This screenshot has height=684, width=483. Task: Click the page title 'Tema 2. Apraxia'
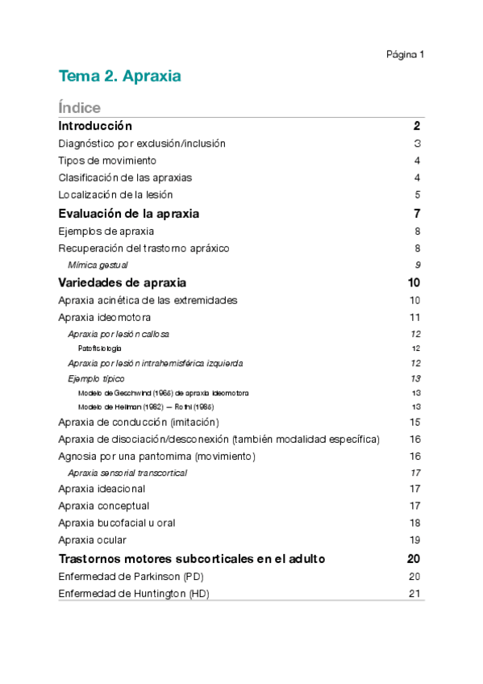pos(119,77)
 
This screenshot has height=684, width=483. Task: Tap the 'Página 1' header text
pos(405,55)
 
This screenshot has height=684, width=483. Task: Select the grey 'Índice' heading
pos(79,108)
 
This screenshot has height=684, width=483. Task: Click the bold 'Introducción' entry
pos(95,127)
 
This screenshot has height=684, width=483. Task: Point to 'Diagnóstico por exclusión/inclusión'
pos(142,144)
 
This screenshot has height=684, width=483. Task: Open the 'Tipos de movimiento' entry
pos(107,161)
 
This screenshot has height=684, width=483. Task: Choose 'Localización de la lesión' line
pos(115,194)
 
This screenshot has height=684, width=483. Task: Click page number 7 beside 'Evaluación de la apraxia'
pos(417,214)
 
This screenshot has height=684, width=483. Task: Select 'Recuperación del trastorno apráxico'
pos(144,248)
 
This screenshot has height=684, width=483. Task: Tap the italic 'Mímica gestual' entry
pos(98,265)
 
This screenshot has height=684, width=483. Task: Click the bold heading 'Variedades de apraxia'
pos(123,283)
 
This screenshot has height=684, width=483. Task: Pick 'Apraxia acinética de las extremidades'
pos(148,300)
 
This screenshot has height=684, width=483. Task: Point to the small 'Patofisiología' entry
pos(100,348)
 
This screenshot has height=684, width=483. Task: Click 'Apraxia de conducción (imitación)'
pos(139,422)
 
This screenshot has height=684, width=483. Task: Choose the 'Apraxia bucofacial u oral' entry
pos(117,523)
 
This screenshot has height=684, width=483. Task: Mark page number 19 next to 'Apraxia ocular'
pos(415,540)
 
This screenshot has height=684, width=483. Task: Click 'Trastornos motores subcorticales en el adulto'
pos(192,558)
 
